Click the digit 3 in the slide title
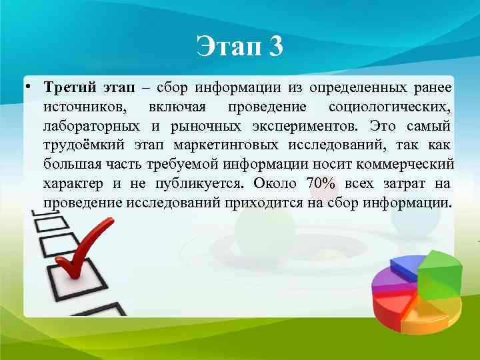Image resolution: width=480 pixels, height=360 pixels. [x=275, y=47]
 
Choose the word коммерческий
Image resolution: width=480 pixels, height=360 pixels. [x=410, y=164]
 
